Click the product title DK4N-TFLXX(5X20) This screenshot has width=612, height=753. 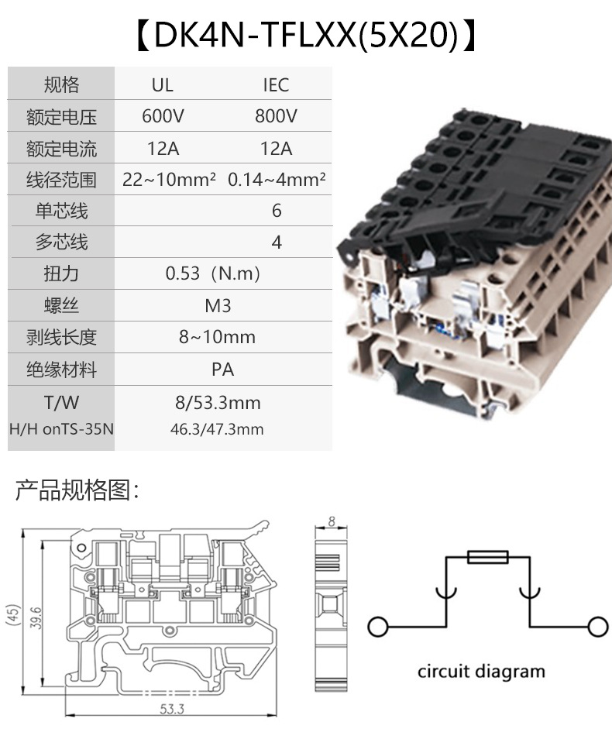click(306, 35)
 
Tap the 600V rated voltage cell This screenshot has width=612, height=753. click(163, 116)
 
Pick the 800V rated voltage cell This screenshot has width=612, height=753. click(276, 116)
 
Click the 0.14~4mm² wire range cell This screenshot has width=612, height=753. click(276, 180)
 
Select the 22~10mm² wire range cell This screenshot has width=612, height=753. click(169, 180)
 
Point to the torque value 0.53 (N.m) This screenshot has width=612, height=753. click(213, 274)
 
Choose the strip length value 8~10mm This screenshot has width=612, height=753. click(217, 338)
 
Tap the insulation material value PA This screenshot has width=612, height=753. click(222, 370)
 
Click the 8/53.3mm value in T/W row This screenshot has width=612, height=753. click(218, 403)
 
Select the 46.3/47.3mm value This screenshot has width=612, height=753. click(217, 428)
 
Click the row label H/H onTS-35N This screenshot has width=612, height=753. click(61, 428)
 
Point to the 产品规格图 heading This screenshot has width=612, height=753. click(77, 490)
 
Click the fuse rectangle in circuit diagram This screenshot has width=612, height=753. click(487, 557)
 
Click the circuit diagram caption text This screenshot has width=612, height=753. click(481, 671)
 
